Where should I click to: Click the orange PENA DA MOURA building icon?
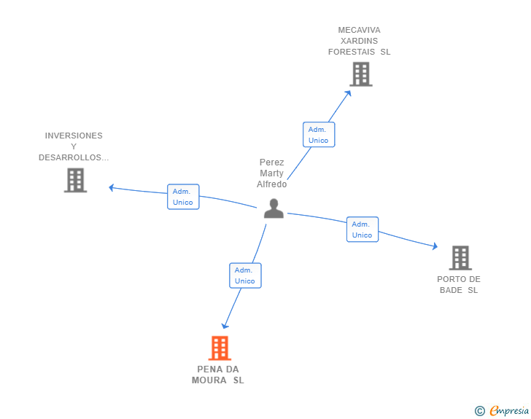click(220, 348)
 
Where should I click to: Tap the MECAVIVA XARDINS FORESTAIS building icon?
click(360, 74)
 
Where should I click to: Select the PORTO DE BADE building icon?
click(460, 258)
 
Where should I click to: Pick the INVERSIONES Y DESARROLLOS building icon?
click(75, 180)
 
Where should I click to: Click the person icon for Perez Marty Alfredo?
click(274, 208)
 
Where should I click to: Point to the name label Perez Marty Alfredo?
click(272, 173)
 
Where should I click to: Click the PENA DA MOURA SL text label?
click(218, 375)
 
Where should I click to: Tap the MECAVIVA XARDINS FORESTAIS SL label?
click(360, 41)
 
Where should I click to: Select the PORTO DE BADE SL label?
click(459, 284)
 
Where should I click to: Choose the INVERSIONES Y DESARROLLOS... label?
click(74, 146)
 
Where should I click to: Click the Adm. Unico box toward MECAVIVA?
click(319, 135)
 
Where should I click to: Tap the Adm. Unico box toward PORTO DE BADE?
click(362, 230)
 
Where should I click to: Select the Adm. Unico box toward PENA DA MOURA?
click(245, 275)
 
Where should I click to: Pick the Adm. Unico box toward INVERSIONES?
click(183, 197)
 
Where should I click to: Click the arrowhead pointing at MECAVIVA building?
click(349, 93)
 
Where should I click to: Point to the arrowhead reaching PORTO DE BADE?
click(435, 248)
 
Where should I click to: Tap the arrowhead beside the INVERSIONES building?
click(112, 187)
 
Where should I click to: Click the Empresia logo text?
click(509, 411)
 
